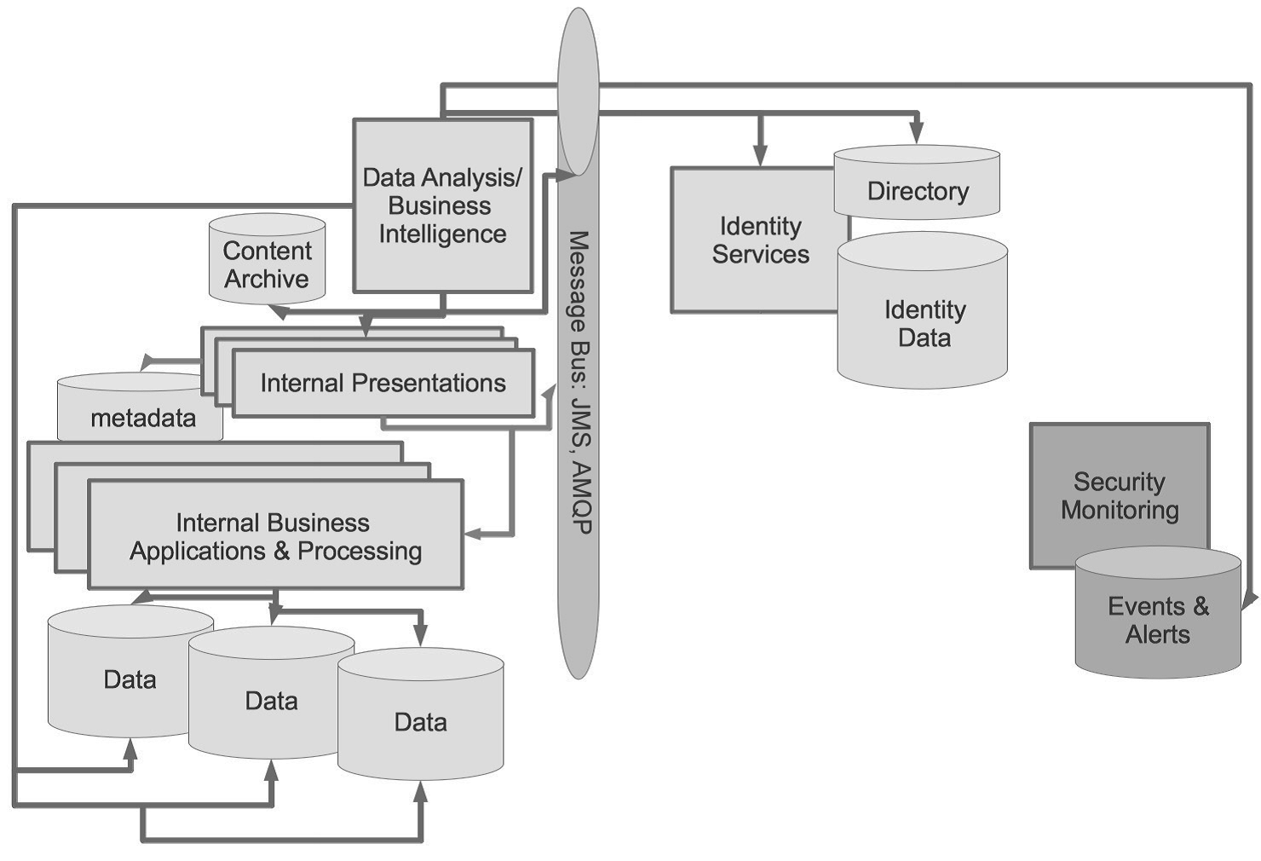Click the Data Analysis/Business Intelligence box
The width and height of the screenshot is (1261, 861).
pyautogui.click(x=442, y=205)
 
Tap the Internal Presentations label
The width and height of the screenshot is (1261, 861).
pyautogui.click(x=383, y=384)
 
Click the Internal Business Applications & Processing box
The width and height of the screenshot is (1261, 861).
pyautogui.click(x=275, y=535)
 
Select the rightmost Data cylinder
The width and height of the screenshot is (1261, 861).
pyautogui.click(x=420, y=720)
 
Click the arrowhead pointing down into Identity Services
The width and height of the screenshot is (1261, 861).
pyautogui.click(x=760, y=155)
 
